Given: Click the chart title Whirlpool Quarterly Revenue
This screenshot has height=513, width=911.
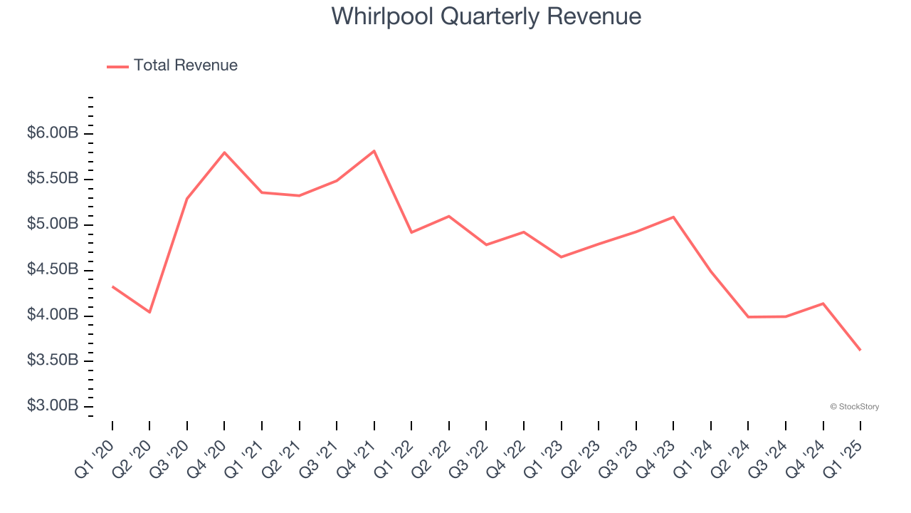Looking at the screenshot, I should [486, 16].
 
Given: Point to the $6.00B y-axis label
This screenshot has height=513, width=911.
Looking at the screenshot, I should [53, 133].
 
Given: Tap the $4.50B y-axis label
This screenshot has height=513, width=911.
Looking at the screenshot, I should [53, 270].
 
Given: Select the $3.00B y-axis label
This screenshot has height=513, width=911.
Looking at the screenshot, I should [53, 406].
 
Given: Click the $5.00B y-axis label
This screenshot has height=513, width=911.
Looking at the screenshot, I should [53, 224].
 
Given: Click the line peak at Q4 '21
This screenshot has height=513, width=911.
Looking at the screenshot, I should [374, 151].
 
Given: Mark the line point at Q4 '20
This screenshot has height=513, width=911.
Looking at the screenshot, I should [225, 152].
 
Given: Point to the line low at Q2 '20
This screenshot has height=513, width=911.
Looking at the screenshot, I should [149, 312].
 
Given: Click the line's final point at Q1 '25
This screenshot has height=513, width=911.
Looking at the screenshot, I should [860, 350].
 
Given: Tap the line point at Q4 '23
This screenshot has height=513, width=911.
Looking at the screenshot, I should [673, 217].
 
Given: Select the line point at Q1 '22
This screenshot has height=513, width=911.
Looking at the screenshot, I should [411, 232].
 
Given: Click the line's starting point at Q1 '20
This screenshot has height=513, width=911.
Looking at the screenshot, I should [112, 286].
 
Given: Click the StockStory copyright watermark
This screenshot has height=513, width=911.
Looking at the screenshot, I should [854, 407].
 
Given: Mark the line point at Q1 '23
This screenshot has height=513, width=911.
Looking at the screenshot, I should [562, 256].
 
